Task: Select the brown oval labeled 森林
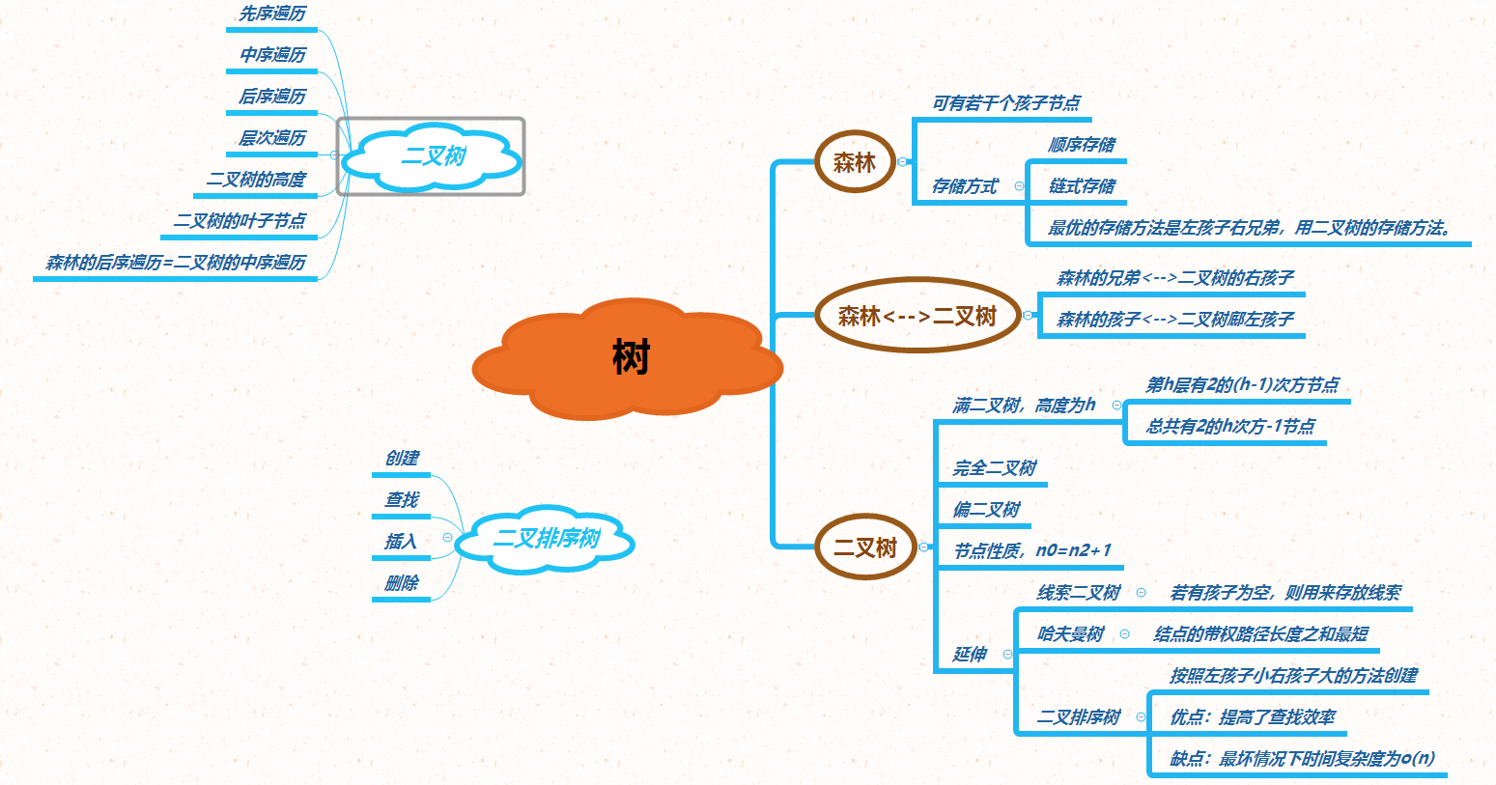[x=855, y=162]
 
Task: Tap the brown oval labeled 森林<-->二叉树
[x=917, y=316]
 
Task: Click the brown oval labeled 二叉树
[x=865, y=547]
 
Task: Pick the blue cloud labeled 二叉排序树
[x=546, y=539]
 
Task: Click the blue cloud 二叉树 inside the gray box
[x=434, y=156]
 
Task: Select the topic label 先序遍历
[x=272, y=14]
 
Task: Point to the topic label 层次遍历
[x=272, y=138]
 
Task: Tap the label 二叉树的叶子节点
[x=240, y=221]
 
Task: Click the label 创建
[x=402, y=458]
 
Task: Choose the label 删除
[x=402, y=582]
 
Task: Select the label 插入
[x=402, y=541]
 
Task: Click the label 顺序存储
[x=1082, y=145]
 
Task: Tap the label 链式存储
[x=1082, y=186]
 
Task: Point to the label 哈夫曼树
[x=1070, y=634]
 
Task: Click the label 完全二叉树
[x=995, y=468]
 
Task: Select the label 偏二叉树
[x=986, y=510]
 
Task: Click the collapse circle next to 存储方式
[x=1019, y=185]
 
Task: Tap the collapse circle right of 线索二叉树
[x=1142, y=593]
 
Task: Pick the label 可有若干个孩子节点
[x=1006, y=103]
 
